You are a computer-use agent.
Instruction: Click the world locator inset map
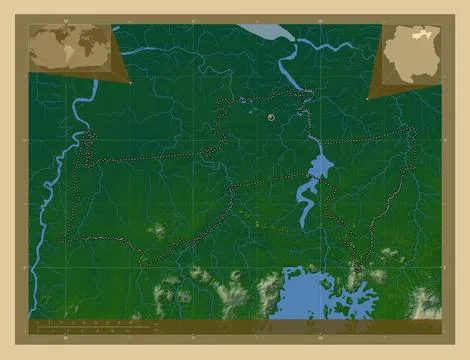coord(71,46)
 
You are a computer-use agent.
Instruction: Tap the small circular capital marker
coord(271,118)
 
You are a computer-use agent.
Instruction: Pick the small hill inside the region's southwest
coord(158,231)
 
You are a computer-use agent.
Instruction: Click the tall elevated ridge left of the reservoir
coord(236,295)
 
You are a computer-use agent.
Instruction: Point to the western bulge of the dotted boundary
coord(86,150)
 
